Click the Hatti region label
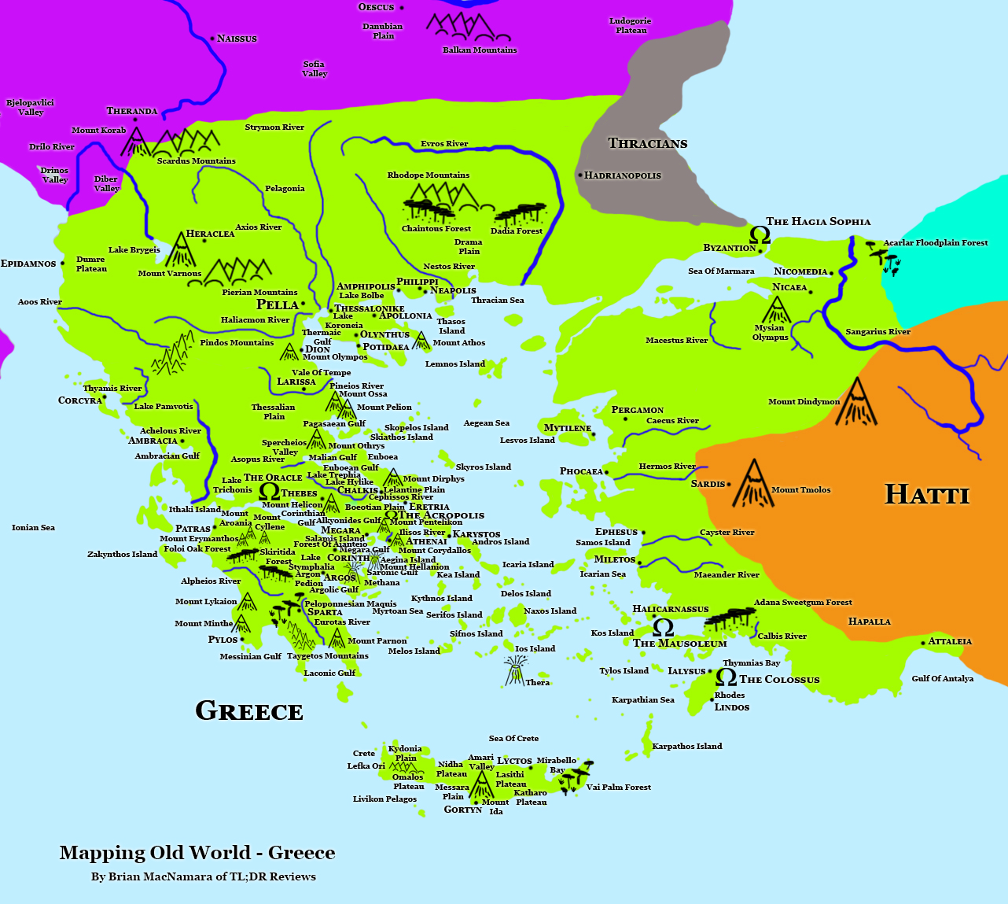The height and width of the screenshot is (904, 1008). coord(927,494)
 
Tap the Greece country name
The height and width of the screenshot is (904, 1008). coord(249,711)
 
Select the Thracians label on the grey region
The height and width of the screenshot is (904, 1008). coord(647,143)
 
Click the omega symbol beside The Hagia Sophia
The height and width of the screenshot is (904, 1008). coord(760,234)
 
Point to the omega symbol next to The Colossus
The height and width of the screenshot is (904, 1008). coord(727,677)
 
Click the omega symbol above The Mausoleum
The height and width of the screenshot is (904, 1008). coord(663,627)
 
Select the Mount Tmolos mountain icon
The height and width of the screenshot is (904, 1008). coord(752,484)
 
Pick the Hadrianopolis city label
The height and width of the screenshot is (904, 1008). coord(623,175)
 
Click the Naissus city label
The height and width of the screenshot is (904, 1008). coord(237,39)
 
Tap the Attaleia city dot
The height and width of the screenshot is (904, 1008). coord(924,643)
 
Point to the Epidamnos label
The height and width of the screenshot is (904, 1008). coord(28,264)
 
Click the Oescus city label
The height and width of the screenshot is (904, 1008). coord(376,7)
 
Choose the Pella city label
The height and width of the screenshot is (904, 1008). coord(278,304)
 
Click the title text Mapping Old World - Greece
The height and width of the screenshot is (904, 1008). coord(197,853)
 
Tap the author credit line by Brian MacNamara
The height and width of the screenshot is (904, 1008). coord(204,876)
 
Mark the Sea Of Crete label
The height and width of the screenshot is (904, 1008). coord(513,738)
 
